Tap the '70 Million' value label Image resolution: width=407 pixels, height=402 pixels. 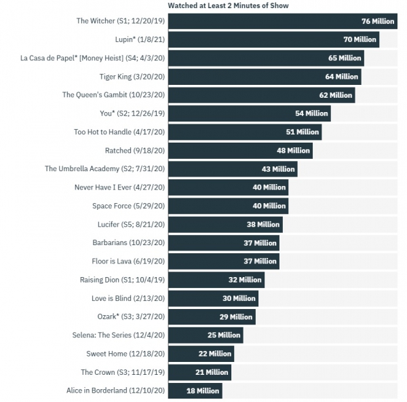[x=360, y=40]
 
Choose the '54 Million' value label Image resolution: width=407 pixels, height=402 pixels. [x=311, y=113]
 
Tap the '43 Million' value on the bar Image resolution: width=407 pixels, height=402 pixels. [x=278, y=169]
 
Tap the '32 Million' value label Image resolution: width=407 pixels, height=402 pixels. [x=245, y=280]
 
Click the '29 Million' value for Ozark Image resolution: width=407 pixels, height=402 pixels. [x=236, y=316]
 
